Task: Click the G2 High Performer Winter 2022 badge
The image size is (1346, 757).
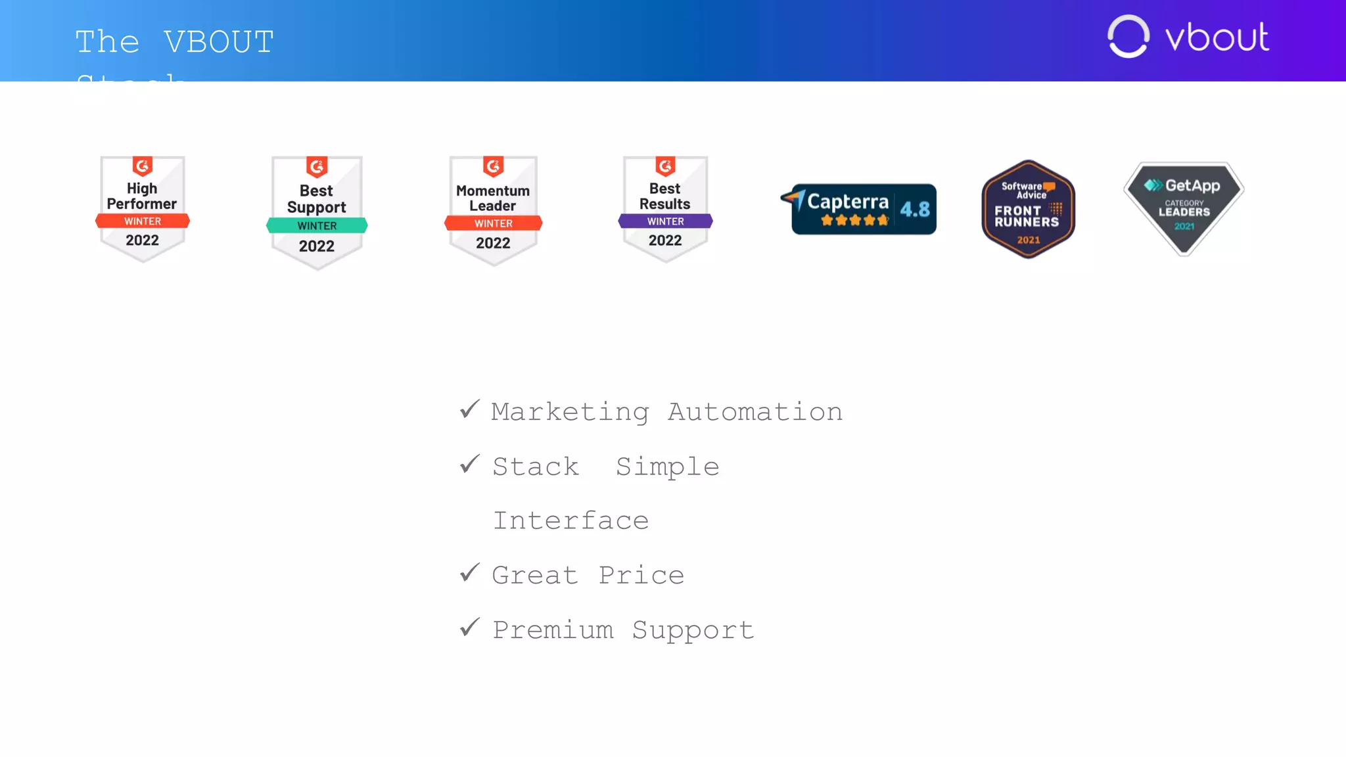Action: pos(143,209)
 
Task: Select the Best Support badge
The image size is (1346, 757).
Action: pos(317,212)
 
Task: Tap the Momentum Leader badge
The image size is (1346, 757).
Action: pos(493,210)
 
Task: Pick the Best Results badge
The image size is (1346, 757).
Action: pos(665,209)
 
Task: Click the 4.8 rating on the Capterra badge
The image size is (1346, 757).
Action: pos(915,210)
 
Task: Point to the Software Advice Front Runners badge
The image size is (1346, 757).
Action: pos(1028,209)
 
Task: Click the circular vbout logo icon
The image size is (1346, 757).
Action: pos(1128,37)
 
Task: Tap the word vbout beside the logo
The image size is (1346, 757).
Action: pos(1217,37)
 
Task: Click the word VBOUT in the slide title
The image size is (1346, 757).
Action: pos(219,42)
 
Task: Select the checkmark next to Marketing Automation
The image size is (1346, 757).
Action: pos(470,409)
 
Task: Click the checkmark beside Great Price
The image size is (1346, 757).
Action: pos(470,573)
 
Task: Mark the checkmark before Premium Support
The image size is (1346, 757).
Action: pos(470,628)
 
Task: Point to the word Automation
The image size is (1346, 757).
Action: pos(755,412)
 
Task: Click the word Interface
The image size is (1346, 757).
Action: pos(571,520)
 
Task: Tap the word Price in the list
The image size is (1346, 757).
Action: pos(641,575)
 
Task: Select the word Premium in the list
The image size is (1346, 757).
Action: pos(553,630)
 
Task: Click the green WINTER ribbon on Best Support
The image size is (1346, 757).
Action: pos(317,226)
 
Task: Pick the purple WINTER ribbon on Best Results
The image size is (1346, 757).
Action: pos(665,221)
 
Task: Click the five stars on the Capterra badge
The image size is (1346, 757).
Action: pos(854,221)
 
